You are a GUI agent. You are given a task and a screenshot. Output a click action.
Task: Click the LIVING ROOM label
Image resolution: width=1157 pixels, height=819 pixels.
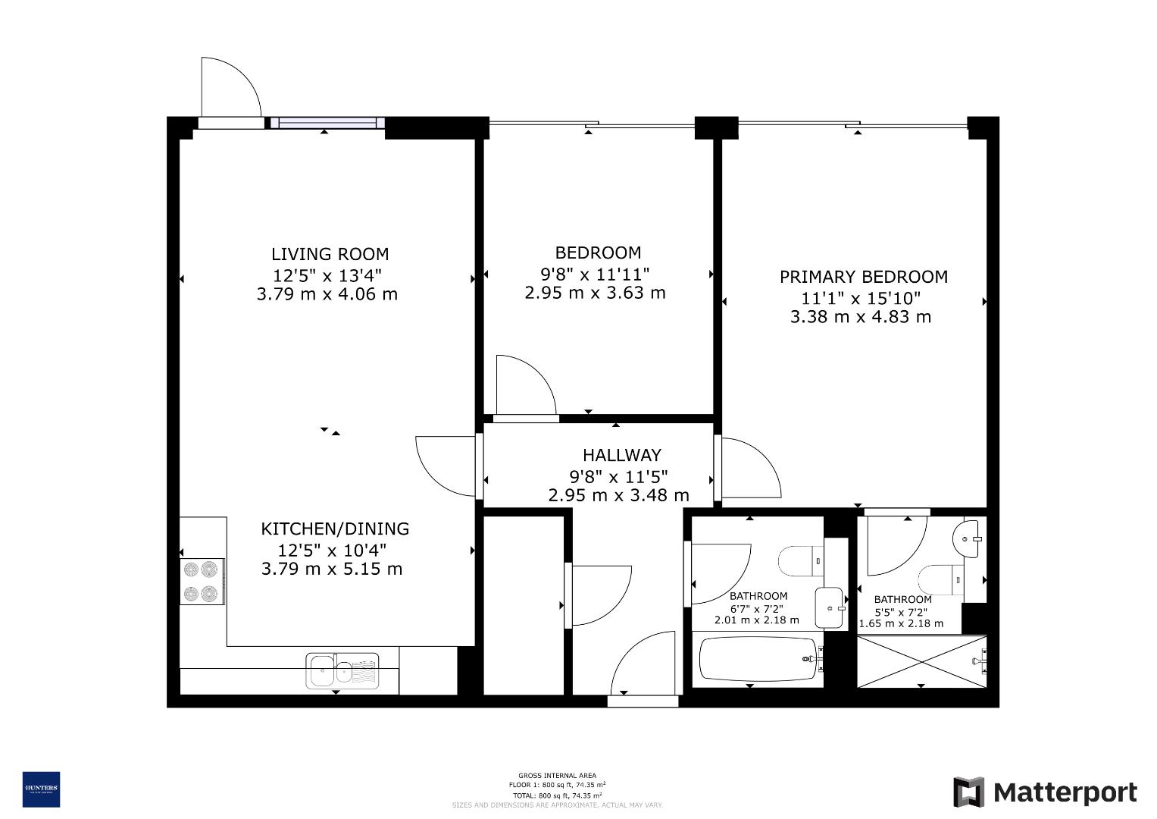tap(330, 254)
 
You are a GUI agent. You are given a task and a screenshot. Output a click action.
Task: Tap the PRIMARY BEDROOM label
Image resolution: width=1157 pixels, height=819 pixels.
tap(863, 277)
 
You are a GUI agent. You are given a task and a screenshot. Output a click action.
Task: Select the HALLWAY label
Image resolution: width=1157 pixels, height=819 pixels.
tap(621, 455)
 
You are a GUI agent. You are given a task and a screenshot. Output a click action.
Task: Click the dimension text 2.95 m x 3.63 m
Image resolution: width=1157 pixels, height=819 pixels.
tap(595, 293)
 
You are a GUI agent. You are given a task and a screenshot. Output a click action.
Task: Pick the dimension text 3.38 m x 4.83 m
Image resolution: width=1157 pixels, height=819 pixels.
tap(860, 317)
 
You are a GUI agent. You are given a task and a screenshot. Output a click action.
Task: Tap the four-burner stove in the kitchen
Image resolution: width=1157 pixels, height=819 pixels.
tap(202, 581)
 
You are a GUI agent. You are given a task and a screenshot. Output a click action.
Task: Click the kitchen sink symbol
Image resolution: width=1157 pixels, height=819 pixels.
tap(342, 670)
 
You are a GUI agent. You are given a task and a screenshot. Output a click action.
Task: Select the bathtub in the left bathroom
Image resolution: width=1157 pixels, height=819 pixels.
tap(758, 658)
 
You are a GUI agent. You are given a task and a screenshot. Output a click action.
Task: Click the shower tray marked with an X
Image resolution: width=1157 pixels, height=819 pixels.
tap(921, 661)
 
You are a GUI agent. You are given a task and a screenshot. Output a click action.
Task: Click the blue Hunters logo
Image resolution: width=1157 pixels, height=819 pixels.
tap(41, 789)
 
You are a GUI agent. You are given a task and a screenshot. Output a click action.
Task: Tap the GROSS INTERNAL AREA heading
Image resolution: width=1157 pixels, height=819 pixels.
tap(556, 775)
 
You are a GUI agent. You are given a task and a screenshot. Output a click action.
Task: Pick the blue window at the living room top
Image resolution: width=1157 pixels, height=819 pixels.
tap(327, 123)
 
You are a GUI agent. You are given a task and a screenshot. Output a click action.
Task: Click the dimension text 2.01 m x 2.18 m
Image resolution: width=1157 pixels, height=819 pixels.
tap(756, 620)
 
